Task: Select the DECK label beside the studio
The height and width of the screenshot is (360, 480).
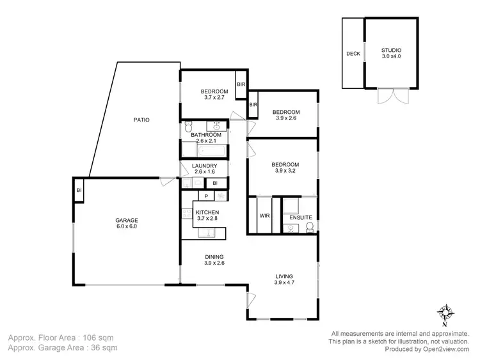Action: tap(353, 54)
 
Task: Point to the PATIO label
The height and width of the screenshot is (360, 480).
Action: tap(141, 120)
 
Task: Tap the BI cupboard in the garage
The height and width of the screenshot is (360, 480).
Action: tap(79, 191)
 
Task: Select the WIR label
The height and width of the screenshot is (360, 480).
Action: tap(264, 216)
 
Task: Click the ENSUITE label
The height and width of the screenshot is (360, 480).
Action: tap(300, 217)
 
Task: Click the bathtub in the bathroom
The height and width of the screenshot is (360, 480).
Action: tap(204, 151)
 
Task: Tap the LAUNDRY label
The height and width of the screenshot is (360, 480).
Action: tap(205, 169)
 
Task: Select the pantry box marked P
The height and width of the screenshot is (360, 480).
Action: tap(206, 197)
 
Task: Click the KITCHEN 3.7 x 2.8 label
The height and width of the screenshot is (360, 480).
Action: tap(207, 215)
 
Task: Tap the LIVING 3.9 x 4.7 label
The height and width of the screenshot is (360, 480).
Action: tap(284, 279)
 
